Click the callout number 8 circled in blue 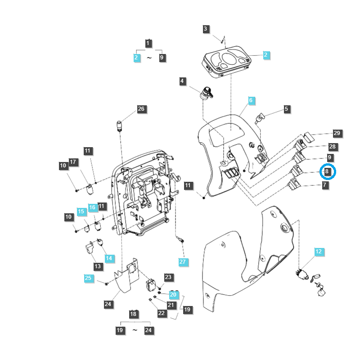point(328,171)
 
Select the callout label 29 point(337,133)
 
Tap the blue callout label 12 point(318,252)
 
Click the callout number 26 point(141,109)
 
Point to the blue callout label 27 point(182,261)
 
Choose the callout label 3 point(206,29)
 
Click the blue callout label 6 point(251,100)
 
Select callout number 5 point(286,108)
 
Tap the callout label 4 point(182,81)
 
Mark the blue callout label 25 point(88,278)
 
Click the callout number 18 point(133,314)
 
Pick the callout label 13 point(97,266)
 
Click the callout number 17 point(73,162)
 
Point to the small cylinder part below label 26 point(120,126)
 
